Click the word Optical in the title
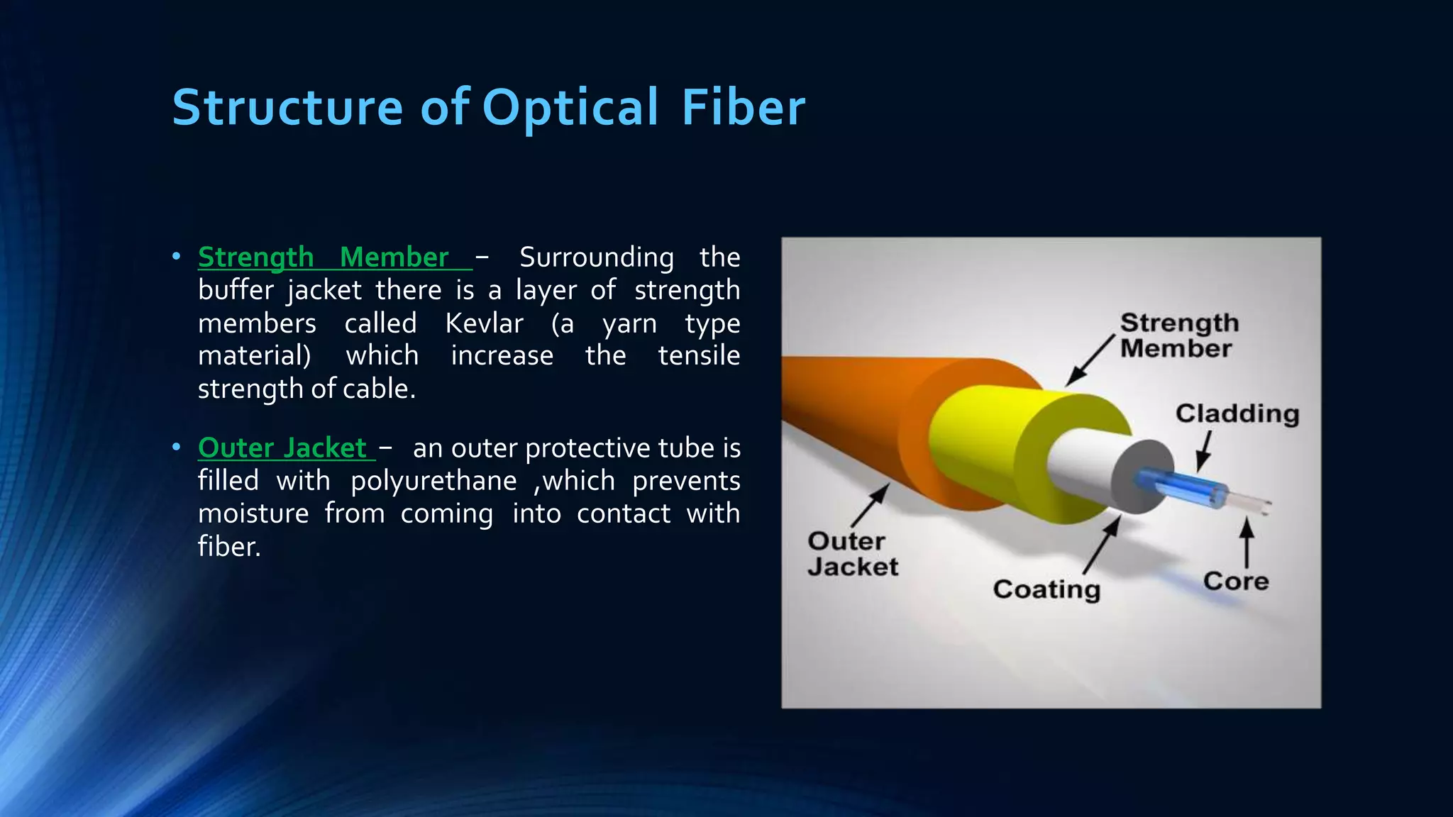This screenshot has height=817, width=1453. pyautogui.click(x=570, y=108)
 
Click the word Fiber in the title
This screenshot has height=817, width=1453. pyautogui.click(x=743, y=108)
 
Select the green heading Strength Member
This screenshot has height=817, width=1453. pyautogui.click(x=324, y=257)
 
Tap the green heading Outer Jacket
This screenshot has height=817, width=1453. pyautogui.click(x=282, y=448)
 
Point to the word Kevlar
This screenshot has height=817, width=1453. pyautogui.click(x=484, y=323)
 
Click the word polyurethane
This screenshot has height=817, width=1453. pyautogui.click(x=433, y=481)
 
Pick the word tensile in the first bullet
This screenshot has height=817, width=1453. pyautogui.click(x=698, y=355)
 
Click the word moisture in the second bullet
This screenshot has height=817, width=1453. pyautogui.click(x=253, y=513)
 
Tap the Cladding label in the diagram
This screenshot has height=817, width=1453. pyautogui.click(x=1237, y=413)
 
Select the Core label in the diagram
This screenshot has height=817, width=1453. pyautogui.click(x=1235, y=581)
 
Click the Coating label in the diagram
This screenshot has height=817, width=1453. pyautogui.click(x=1046, y=589)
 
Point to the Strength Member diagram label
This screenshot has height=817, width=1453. pyautogui.click(x=1178, y=335)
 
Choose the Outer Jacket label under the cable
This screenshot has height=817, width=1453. pyautogui.click(x=852, y=554)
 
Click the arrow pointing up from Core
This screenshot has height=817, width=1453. pyautogui.click(x=1247, y=543)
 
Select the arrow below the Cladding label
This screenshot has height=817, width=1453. pyautogui.click(x=1203, y=451)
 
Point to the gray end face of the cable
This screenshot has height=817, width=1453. pyautogui.click(x=1142, y=476)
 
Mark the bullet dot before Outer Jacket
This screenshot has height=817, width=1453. pyautogui.click(x=176, y=448)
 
